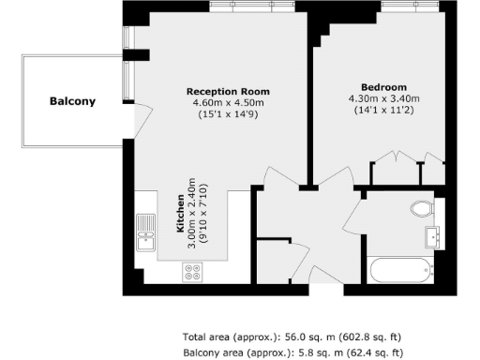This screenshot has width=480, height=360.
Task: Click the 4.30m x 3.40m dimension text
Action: pos(384,97)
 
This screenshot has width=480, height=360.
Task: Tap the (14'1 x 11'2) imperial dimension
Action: pos(384,110)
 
